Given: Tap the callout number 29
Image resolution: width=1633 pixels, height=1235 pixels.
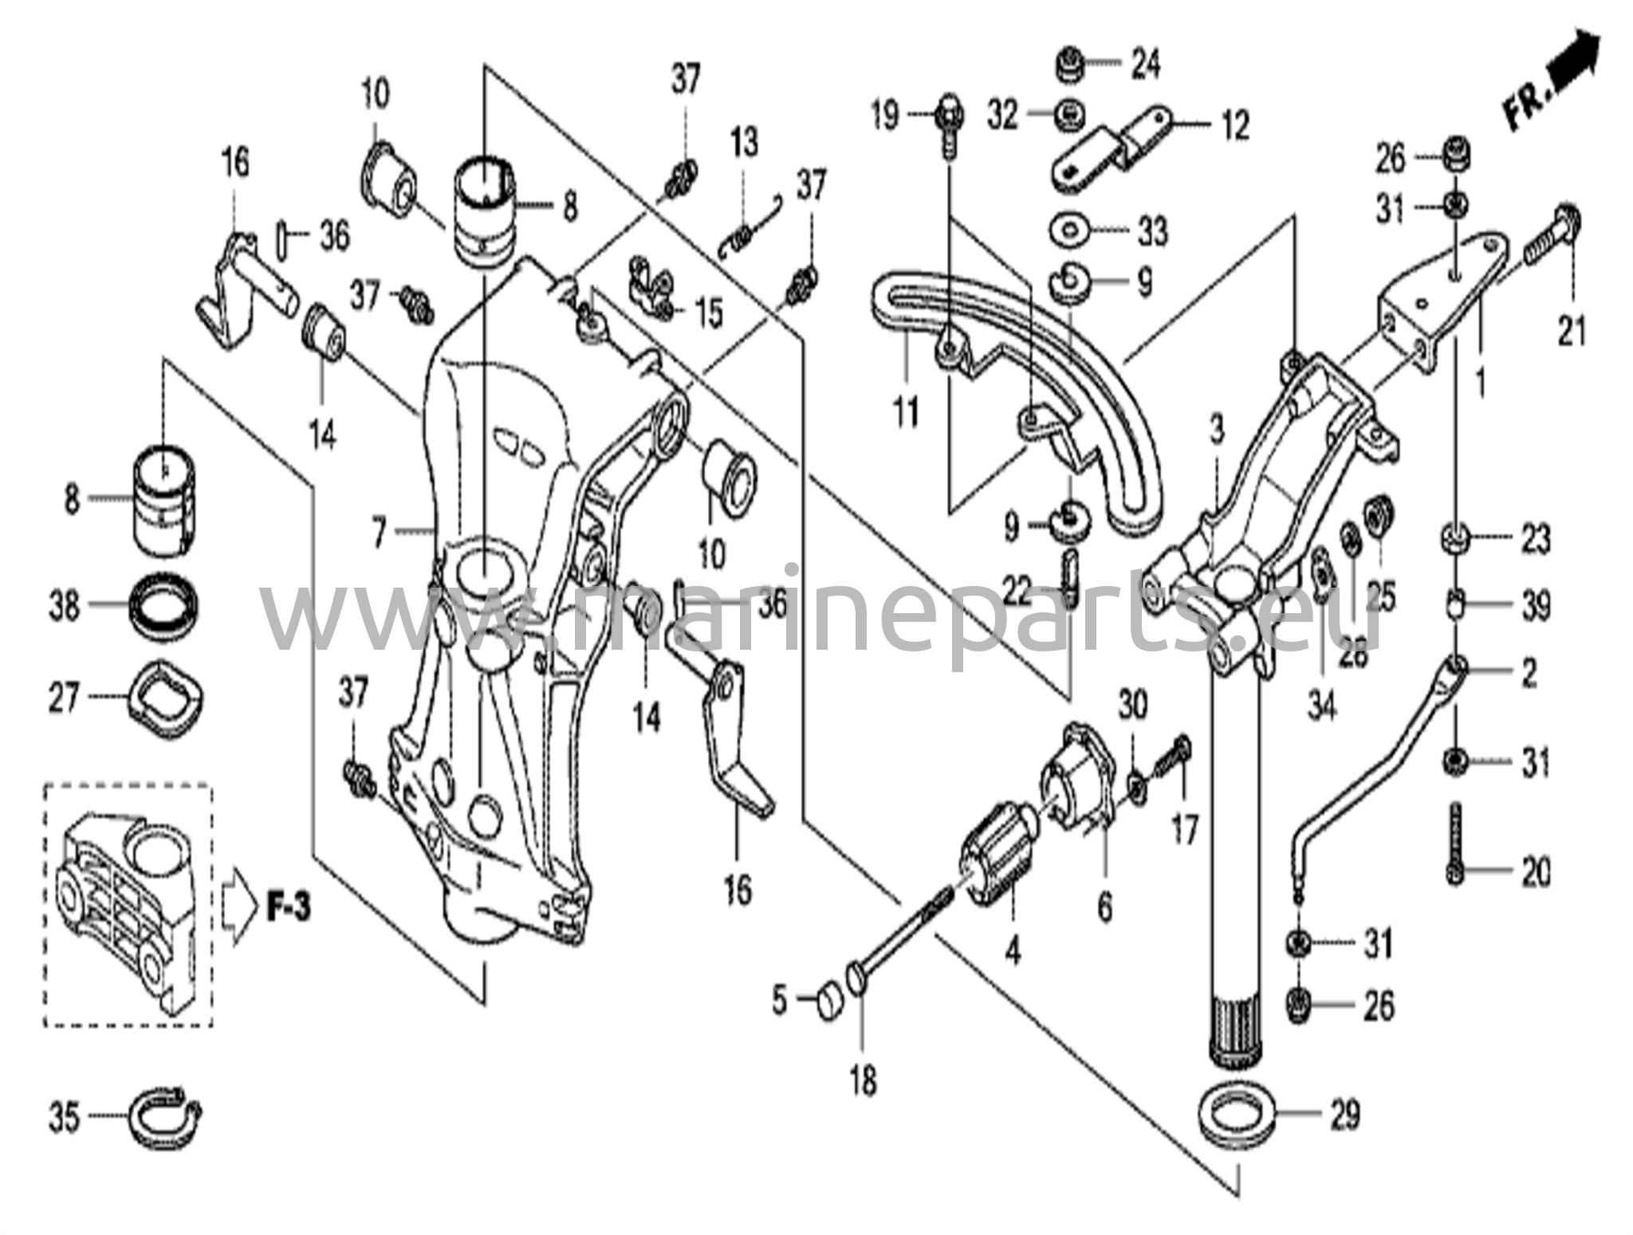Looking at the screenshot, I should coord(1344,1115).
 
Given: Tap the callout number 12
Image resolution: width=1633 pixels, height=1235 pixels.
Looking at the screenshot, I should coord(1235,125).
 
